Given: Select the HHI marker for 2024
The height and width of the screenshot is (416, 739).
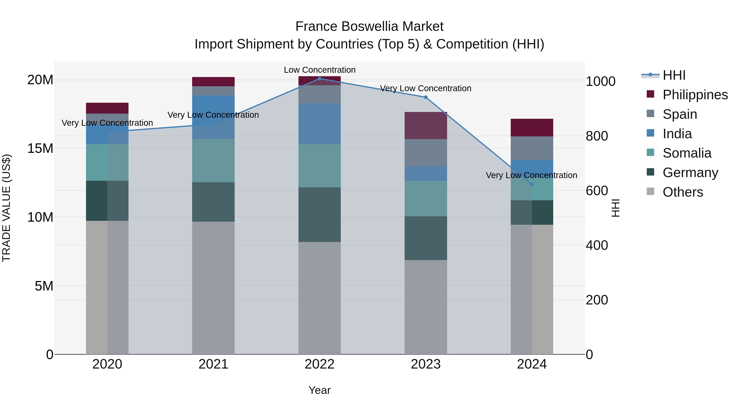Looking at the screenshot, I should [x=532, y=184].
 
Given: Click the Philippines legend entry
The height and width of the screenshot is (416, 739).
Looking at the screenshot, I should [x=695, y=95].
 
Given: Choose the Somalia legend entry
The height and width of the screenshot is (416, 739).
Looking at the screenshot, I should [x=687, y=153].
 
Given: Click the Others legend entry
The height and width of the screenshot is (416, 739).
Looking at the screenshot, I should [x=683, y=192].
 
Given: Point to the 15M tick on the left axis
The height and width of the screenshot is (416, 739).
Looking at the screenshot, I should [x=40, y=149].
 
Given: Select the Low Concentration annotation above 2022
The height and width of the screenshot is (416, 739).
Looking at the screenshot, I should [x=320, y=70].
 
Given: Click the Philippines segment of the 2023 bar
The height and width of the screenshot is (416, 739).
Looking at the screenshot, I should [x=426, y=126].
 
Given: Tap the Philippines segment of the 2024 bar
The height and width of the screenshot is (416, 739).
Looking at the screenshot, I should [x=532, y=127].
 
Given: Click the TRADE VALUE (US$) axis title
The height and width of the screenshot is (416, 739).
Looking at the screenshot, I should [x=6, y=208].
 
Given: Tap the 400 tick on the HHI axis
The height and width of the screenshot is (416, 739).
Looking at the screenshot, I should [x=597, y=245].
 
